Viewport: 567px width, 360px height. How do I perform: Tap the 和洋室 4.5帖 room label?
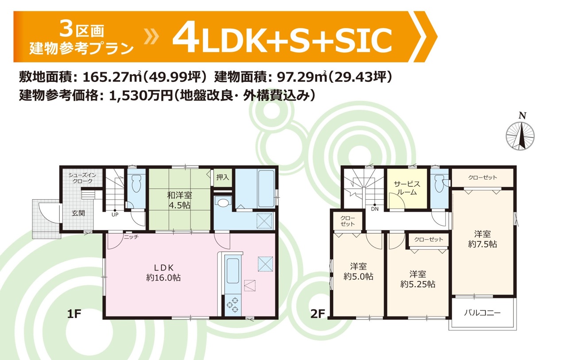pyautogui.click(x=179, y=200)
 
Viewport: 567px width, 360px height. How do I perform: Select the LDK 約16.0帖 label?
pyautogui.click(x=163, y=273)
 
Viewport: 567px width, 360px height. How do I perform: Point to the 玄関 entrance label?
pyautogui.click(x=78, y=213)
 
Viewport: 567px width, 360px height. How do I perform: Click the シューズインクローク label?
pyautogui.click(x=82, y=178)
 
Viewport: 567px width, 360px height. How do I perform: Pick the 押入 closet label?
pyautogui.click(x=222, y=177)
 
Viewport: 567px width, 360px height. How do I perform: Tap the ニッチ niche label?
pyautogui.click(x=131, y=237)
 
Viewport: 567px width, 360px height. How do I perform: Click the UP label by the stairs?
pyautogui.click(x=115, y=215)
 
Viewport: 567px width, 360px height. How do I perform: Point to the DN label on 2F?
pyautogui.click(x=375, y=209)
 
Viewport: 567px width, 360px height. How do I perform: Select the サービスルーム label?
pyautogui.click(x=407, y=188)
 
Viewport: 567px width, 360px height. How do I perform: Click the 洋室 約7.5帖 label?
pyautogui.click(x=482, y=239)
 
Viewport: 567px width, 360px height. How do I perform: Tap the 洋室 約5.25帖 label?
pyautogui.click(x=418, y=279)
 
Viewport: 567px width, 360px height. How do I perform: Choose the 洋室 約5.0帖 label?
pyautogui.click(x=358, y=271)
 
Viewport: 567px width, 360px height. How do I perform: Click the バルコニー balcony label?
pyautogui.click(x=482, y=313)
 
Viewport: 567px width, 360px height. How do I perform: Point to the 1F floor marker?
pyautogui.click(x=74, y=314)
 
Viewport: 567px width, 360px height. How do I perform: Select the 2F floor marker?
pyautogui.click(x=318, y=314)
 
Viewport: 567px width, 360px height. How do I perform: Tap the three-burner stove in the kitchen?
pyautogui.click(x=233, y=305)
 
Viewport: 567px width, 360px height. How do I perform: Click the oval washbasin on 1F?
pyautogui.click(x=223, y=202)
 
